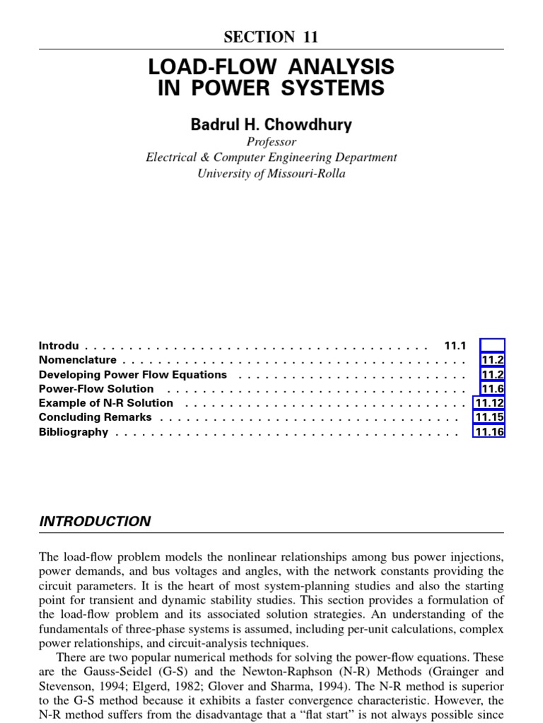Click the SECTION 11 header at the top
[271, 37]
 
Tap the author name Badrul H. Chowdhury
[271, 125]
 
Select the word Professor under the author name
[271, 142]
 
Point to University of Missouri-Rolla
[271, 173]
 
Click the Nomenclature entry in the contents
[78, 360]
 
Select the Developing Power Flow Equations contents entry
[133, 374]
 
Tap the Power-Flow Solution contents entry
[96, 388]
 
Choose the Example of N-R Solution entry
[106, 402]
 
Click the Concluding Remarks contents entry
[95, 417]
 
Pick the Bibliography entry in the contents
[74, 431]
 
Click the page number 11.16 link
[489, 431]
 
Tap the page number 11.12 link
[489, 402]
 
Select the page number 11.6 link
[492, 388]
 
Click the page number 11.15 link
[489, 417]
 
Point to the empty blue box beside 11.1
[492, 346]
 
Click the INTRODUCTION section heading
[95, 522]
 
